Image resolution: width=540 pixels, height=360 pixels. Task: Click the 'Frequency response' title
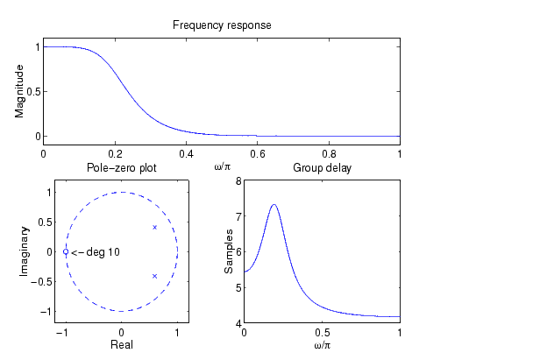pos(222,25)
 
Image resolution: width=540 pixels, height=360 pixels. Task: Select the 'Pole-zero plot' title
pos(121,167)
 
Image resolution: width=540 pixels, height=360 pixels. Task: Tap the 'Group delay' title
pos(322,167)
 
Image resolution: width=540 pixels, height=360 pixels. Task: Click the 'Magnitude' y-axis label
pos(19,91)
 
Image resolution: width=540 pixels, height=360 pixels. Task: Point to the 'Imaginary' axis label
pos(25,251)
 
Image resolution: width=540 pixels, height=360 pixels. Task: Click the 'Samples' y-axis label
pos(229,251)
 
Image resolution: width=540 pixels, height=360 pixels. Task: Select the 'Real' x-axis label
pos(121,345)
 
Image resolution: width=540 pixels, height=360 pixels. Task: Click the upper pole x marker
pos(155,227)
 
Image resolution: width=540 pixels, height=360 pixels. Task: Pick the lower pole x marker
pos(155,276)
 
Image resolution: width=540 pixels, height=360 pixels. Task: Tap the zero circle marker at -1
pos(66,251)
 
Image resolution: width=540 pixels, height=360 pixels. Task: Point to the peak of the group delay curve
pos(274,205)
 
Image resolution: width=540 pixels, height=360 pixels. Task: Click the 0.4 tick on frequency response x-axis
pos(187,154)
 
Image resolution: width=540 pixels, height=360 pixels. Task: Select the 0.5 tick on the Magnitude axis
pos(32,91)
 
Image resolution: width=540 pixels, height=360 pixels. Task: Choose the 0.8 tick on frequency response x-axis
pos(329,154)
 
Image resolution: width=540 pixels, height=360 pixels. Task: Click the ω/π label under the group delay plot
pos(322,346)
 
